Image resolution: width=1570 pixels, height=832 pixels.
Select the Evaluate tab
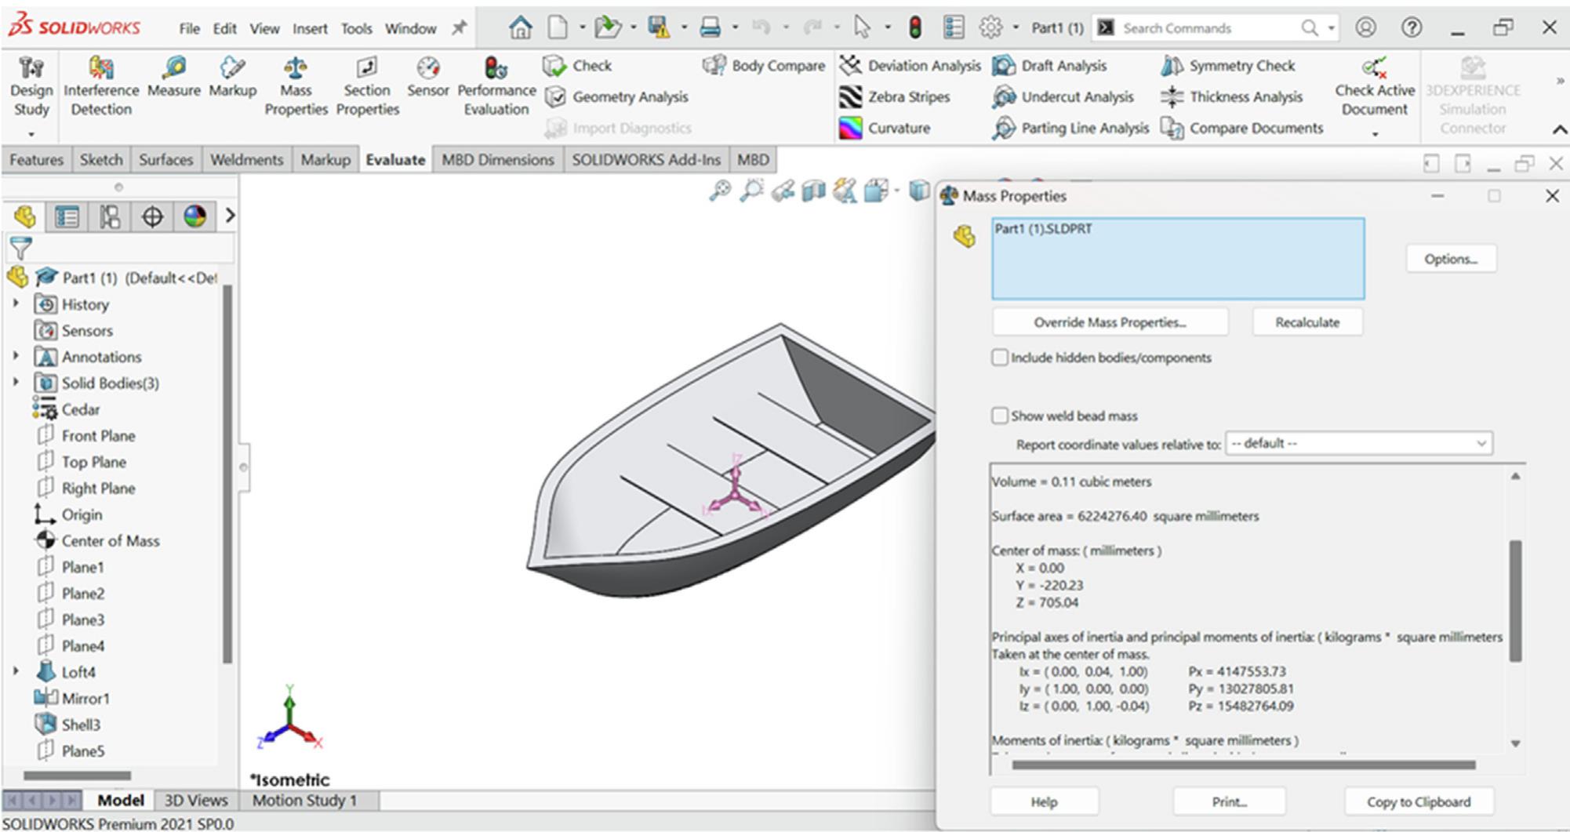click(x=394, y=160)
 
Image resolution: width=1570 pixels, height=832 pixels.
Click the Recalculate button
click(x=1307, y=322)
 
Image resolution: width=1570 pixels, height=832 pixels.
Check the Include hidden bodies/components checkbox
click(x=1000, y=358)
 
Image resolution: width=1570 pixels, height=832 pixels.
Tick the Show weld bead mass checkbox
click(x=1000, y=416)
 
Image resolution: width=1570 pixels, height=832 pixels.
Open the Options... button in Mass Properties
click(x=1450, y=259)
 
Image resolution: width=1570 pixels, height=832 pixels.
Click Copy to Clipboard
click(x=1418, y=801)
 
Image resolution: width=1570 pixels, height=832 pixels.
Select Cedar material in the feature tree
click(x=80, y=409)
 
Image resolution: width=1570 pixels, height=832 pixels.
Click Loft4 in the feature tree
click(x=78, y=672)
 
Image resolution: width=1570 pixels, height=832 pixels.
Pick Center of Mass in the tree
click(x=110, y=541)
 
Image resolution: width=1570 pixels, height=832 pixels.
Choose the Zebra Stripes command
click(x=908, y=97)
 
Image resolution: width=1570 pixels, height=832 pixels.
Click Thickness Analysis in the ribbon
click(x=1245, y=97)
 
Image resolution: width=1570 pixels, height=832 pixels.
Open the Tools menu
click(x=356, y=29)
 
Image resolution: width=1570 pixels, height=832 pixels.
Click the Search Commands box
click(x=1208, y=28)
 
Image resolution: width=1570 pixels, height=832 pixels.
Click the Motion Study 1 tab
click(x=304, y=801)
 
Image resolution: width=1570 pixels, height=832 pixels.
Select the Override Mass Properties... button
click(x=1109, y=322)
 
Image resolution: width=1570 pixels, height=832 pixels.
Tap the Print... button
click(x=1228, y=801)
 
